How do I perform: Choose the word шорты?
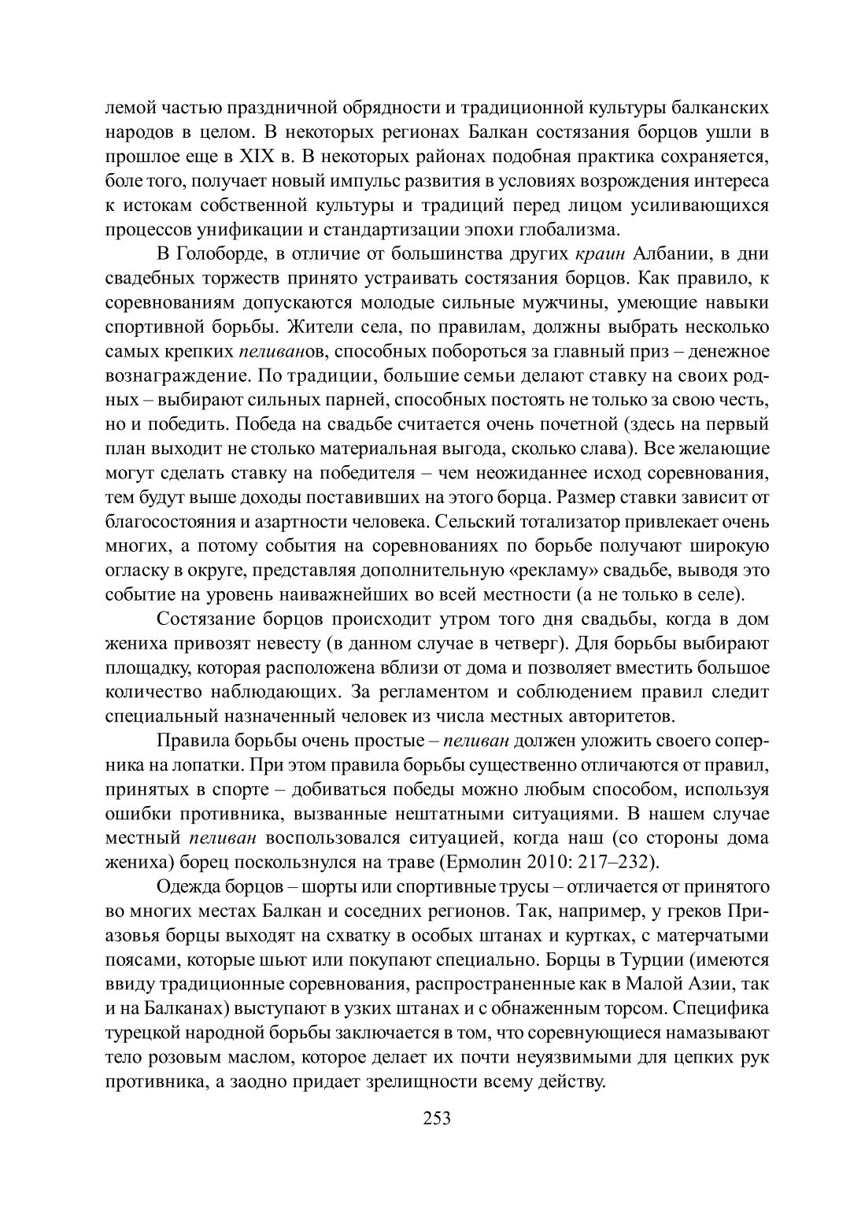331,887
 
